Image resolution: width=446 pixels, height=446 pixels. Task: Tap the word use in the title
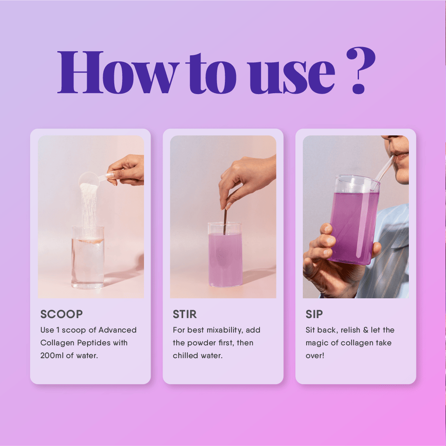291,77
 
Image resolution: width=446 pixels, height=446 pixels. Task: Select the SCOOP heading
61,314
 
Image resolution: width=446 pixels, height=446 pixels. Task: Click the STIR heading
184,314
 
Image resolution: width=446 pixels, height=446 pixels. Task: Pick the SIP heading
314,314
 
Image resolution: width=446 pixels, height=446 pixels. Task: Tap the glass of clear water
87,257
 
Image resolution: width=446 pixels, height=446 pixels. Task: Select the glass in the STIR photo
225,254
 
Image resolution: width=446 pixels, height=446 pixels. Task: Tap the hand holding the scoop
127,170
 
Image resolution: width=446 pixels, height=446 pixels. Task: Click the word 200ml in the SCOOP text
52,355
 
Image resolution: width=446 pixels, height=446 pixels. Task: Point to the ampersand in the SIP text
366,330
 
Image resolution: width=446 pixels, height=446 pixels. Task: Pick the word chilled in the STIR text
185,355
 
